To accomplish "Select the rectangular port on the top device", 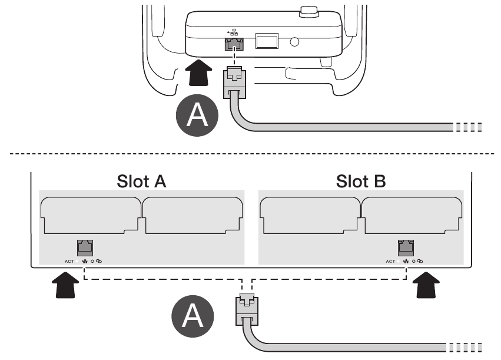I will click(x=266, y=41).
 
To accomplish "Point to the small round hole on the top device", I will click(x=294, y=42).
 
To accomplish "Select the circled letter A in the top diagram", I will click(x=197, y=115).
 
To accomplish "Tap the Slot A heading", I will click(x=141, y=181).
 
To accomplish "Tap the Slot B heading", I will click(x=361, y=181).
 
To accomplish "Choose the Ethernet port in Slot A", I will click(x=86, y=248).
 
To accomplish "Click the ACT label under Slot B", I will click(x=390, y=261).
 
